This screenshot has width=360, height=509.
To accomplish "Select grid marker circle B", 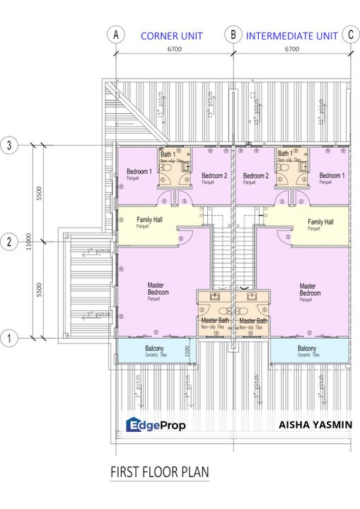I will click(233, 35).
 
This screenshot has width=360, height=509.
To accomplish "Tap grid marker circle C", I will click(349, 35).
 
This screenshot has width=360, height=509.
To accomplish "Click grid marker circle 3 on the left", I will click(9, 146).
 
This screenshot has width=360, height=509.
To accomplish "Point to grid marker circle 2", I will click(9, 242).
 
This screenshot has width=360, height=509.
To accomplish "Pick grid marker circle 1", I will click(9, 339).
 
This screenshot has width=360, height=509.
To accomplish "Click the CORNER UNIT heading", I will click(171, 35).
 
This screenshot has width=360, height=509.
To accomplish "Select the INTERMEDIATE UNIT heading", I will click(291, 35).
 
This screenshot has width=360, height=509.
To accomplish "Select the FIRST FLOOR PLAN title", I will click(159, 471).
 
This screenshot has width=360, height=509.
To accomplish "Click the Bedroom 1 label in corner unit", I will click(139, 172).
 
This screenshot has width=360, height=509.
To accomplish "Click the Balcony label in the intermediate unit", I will click(306, 349).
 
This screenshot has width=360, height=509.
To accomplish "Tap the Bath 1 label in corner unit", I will click(168, 153).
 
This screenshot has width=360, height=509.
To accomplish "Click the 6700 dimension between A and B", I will click(174, 49).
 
